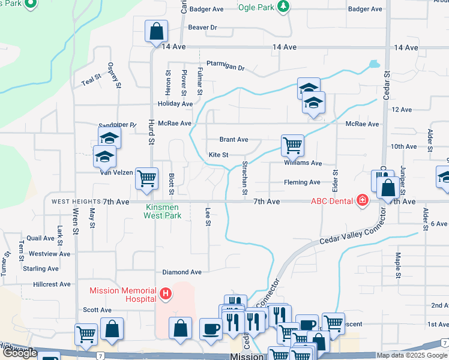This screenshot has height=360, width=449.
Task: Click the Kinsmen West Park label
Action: tap(163, 211)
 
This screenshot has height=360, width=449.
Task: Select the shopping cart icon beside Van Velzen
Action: tap(146, 178)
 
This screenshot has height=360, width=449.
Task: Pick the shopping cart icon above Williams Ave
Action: tap(292, 145)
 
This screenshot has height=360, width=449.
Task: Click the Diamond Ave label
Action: tap(182, 271)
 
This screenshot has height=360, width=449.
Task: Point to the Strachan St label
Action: tap(244, 178)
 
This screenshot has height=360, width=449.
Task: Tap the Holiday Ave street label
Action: tap(175, 104)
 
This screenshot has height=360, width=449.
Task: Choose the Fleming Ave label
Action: tap(303, 182)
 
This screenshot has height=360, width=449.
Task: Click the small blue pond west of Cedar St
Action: tap(374, 64)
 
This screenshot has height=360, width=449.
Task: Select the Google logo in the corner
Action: tap(19, 353)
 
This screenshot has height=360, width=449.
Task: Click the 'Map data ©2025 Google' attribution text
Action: tap(411, 355)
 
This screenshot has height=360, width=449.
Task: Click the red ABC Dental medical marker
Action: tap(362, 200)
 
